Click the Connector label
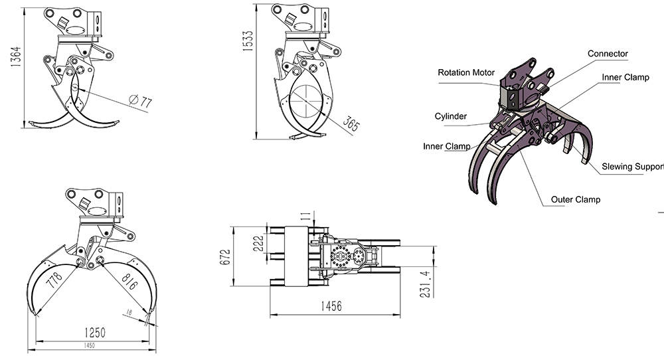(608, 54)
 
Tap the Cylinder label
(451, 116)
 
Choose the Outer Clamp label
(576, 199)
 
